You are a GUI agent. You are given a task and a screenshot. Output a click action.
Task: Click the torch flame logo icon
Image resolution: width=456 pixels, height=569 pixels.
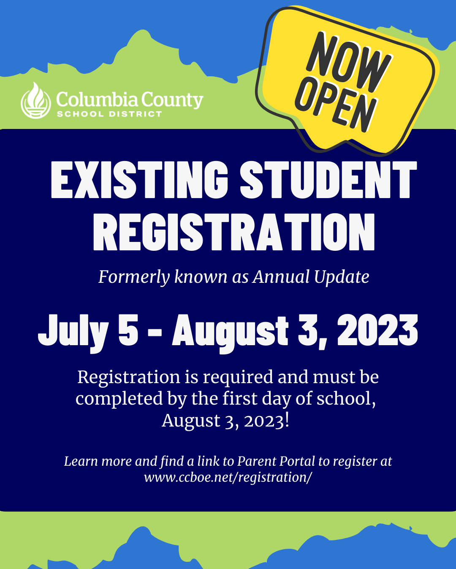tap(36, 100)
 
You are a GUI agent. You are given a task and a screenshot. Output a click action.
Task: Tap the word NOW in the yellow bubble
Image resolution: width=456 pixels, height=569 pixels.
tap(349, 62)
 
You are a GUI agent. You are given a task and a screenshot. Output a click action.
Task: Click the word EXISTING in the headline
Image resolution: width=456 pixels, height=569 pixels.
tap(139, 180)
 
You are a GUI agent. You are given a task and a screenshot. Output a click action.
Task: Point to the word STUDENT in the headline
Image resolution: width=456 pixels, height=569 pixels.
tap(328, 180)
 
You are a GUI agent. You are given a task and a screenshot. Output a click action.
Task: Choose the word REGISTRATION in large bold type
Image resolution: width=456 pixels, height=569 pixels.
tap(234, 232)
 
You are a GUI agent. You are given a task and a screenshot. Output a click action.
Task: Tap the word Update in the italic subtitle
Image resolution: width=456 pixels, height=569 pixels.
tap(342, 277)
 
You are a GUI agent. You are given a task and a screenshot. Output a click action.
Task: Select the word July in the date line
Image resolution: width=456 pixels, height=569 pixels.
tap(73, 333)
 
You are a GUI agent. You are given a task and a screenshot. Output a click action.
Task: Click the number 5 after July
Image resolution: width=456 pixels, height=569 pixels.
tap(128, 330)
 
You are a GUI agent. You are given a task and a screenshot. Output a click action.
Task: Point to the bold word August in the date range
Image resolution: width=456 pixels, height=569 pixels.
tap(230, 333)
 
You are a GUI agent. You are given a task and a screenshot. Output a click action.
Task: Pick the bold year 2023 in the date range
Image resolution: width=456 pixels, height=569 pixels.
tap(377, 330)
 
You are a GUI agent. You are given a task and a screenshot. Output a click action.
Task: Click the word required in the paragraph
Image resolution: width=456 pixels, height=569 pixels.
tap(238, 378)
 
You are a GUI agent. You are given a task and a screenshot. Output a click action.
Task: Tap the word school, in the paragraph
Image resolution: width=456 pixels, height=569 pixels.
tap(346, 399)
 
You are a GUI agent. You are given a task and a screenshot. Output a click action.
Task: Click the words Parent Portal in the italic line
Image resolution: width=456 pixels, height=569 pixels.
tap(276, 462)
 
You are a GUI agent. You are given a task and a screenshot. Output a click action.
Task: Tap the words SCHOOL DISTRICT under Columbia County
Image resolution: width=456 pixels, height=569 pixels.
tap(109, 114)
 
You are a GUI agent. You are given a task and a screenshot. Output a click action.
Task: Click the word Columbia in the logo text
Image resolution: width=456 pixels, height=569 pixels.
tap(97, 99)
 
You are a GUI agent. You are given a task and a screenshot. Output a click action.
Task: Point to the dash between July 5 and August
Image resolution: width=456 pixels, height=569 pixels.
tap(155, 333)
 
